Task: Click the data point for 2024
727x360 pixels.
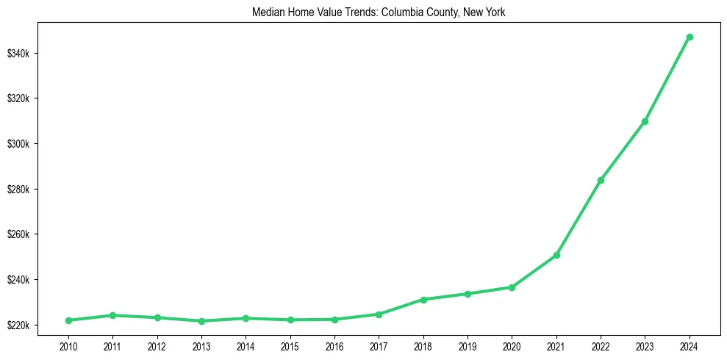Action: [690, 37]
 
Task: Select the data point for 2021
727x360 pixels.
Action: [556, 255]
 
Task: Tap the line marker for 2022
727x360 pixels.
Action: [601, 180]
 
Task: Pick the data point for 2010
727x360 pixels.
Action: [68, 320]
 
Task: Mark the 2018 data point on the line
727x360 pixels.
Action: [423, 300]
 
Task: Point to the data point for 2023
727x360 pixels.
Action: [645, 121]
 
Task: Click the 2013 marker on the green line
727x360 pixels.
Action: [201, 321]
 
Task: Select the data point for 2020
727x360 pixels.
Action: [512, 287]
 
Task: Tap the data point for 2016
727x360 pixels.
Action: [334, 320]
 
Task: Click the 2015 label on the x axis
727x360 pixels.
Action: [290, 345]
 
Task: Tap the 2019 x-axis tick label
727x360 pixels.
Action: [468, 345]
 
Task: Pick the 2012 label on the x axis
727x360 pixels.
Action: [157, 345]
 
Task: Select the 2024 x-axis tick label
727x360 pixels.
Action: [690, 345]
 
